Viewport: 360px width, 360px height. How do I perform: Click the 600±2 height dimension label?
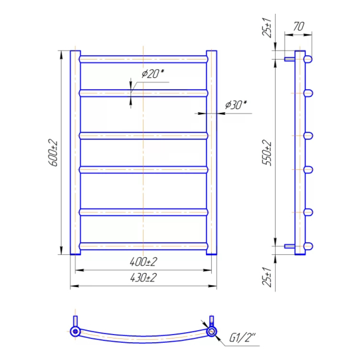coord(53,153)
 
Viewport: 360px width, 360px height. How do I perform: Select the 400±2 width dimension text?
coord(143,262)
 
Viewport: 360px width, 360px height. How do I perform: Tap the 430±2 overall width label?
coord(143,278)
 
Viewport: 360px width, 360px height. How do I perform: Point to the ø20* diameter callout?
coord(153,74)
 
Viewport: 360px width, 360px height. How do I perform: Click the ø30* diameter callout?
coord(236,105)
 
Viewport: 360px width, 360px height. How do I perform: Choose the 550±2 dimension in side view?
coord(267,153)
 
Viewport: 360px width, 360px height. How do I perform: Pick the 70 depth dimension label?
coord(299,27)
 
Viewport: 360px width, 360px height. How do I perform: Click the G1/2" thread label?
coord(243,338)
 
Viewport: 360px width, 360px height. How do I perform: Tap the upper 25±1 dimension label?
coord(267,27)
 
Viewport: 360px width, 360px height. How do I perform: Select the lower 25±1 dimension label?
coord(267,277)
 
